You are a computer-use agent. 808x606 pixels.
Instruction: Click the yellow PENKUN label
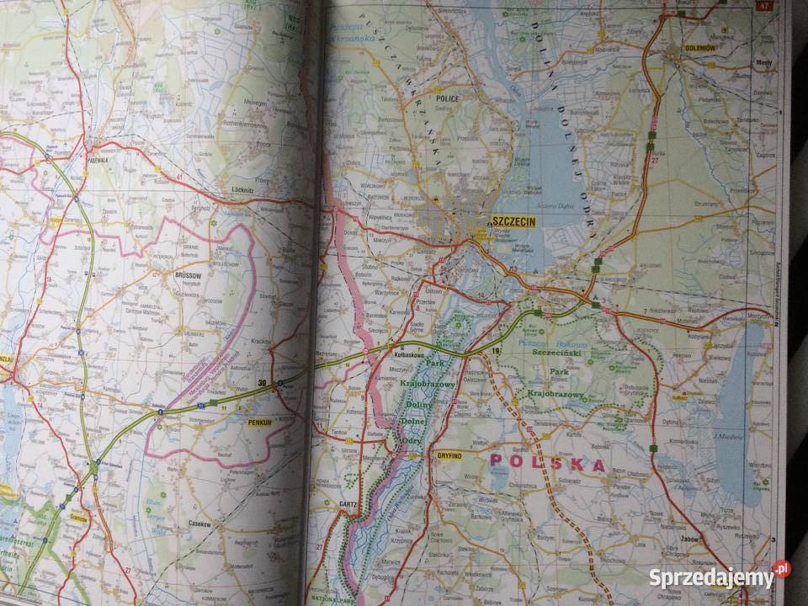259,423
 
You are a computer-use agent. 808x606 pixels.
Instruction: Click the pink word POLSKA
547,464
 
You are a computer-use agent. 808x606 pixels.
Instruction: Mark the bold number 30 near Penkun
263,384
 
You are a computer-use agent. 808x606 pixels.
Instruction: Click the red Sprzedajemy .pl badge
782,570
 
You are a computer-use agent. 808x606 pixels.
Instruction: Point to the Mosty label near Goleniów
764,63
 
